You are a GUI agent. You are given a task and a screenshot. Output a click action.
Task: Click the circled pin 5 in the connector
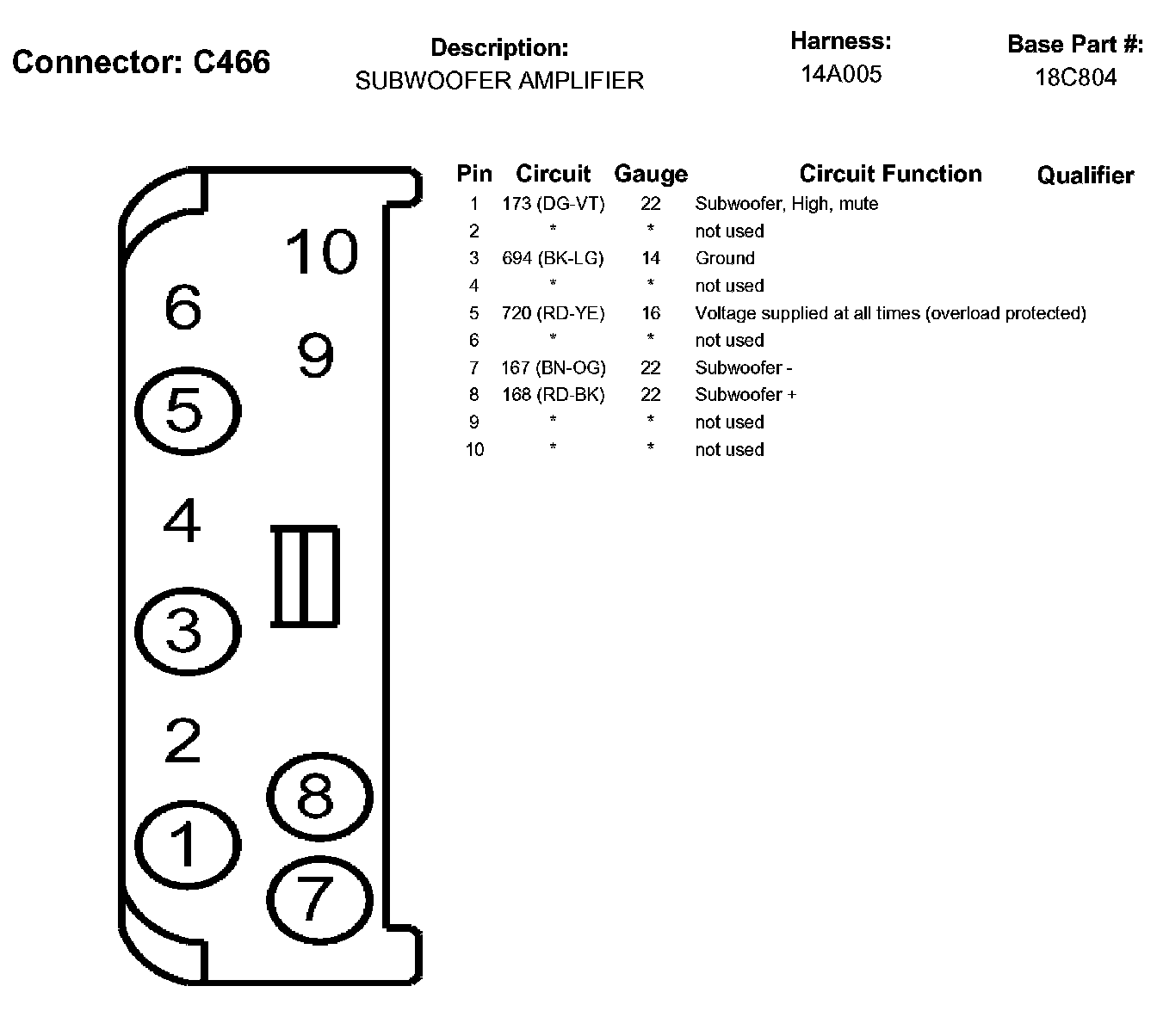click(187, 410)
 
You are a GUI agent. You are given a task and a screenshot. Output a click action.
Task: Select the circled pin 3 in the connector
click(186, 631)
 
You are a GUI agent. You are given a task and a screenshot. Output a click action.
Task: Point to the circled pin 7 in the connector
click(319, 898)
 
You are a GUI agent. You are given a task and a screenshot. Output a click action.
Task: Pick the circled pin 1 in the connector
click(187, 844)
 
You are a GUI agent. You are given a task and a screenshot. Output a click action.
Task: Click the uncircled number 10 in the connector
click(320, 252)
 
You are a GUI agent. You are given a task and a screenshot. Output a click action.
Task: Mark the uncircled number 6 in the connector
click(183, 307)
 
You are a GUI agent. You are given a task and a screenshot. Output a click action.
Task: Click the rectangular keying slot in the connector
click(305, 576)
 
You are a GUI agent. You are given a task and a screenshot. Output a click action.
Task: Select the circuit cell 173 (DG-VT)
click(554, 204)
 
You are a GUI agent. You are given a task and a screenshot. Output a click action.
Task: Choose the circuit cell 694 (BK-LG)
click(554, 258)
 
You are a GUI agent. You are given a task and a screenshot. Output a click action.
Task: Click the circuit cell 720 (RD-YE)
click(554, 313)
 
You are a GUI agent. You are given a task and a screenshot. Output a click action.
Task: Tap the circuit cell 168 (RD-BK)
click(554, 395)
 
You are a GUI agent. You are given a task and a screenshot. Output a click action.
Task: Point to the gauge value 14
click(651, 258)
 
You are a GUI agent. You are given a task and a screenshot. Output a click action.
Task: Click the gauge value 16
click(651, 313)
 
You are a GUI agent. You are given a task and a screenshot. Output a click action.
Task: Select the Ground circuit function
click(725, 258)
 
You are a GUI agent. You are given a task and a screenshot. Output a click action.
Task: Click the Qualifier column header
click(1085, 176)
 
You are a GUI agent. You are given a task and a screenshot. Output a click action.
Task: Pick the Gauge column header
click(651, 175)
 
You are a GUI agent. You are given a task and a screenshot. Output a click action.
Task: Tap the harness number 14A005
click(841, 74)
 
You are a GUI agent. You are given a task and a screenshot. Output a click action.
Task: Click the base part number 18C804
click(1075, 77)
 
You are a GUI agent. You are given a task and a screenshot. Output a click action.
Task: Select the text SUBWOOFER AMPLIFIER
click(499, 81)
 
